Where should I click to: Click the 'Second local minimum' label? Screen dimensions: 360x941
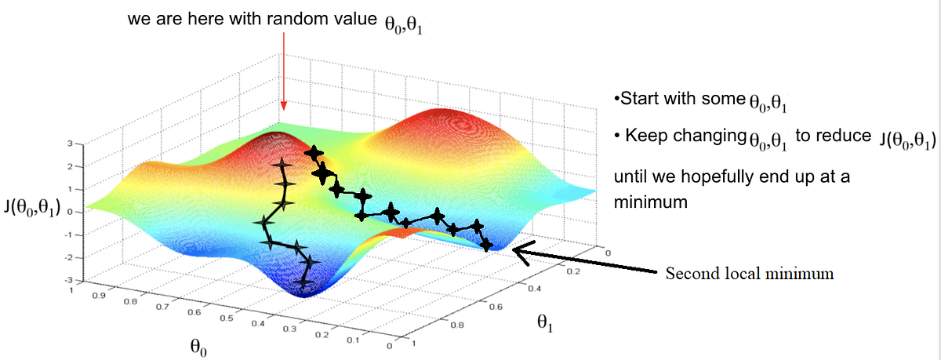click(x=749, y=275)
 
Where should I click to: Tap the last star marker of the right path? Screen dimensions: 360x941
click(x=487, y=245)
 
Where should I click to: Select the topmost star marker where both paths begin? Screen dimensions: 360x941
click(x=314, y=152)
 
